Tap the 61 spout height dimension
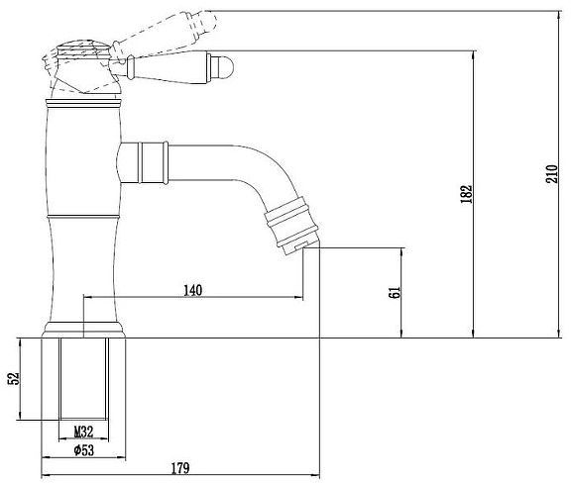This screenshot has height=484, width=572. click(393, 293)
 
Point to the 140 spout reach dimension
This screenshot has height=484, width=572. click(193, 290)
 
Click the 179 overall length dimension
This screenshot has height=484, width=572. click(179, 467)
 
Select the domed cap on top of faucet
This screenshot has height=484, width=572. click(80, 46)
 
